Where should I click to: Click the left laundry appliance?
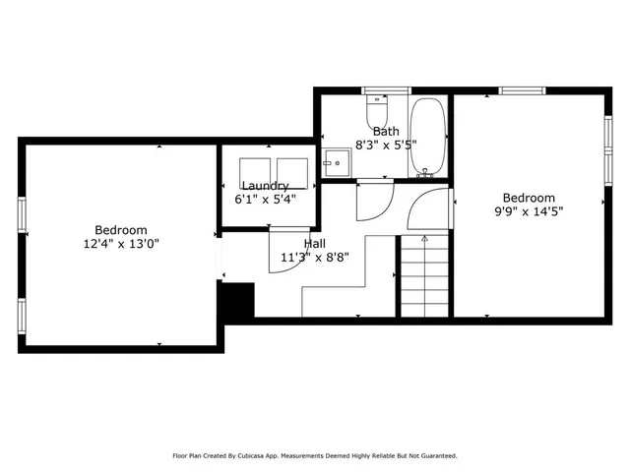(x=255, y=170)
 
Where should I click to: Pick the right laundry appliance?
(x=292, y=170)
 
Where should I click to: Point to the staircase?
(x=424, y=280)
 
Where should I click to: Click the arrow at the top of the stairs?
(x=424, y=238)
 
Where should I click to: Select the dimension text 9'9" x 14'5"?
(x=529, y=210)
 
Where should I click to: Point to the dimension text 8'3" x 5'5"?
(x=385, y=144)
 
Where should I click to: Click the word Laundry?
(x=265, y=186)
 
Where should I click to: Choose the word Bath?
(x=385, y=131)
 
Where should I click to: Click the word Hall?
(x=315, y=244)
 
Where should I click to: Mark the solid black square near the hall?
(x=236, y=300)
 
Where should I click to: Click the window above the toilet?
(x=378, y=90)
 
